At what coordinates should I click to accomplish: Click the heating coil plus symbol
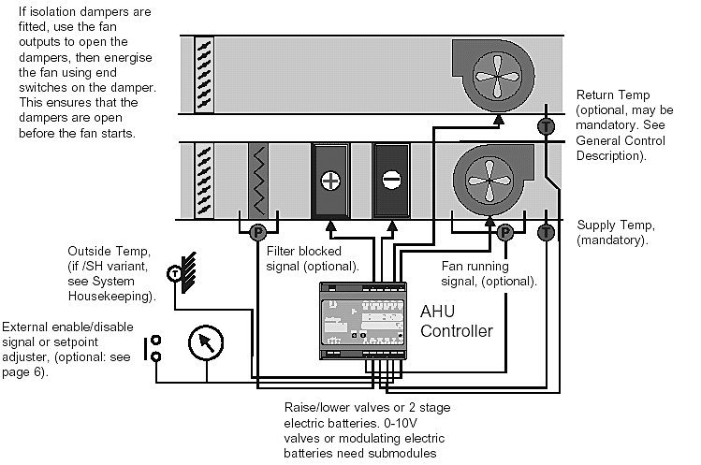pos(330,181)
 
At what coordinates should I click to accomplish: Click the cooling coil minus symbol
pos(391,181)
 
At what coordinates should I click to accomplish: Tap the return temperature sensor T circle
pos(546,126)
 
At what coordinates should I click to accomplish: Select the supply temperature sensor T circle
pos(546,232)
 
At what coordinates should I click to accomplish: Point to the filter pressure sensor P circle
pos(257,232)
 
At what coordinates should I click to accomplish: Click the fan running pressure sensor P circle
pos(505,232)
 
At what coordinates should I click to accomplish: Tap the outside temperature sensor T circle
pos(174,273)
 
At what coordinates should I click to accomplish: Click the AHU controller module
pos(363,321)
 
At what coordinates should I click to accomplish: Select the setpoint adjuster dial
pos(206,343)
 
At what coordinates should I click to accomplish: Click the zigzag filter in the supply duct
pos(258,181)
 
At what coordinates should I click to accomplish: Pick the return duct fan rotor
pos(497,77)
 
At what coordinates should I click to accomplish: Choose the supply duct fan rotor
pos(489,181)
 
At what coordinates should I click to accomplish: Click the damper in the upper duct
pos(204,74)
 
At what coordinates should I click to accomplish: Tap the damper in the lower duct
pos(204,181)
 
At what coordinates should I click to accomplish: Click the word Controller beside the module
pos(457,331)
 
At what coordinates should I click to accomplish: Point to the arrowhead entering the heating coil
pos(330,225)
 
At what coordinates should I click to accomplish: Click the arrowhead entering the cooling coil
pos(392,225)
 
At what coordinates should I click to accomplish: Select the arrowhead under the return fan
pos(499,119)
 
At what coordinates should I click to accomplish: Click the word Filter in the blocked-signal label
pos(280,251)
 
